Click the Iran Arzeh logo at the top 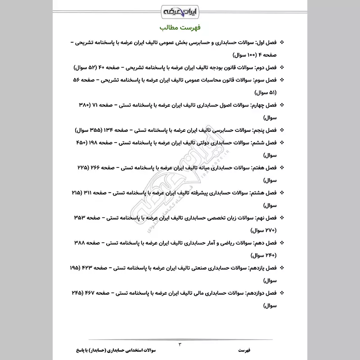pyautogui.click(x=180, y=9)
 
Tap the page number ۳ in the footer pyautogui.click(x=180, y=345)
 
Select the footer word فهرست pyautogui.click(x=246, y=350)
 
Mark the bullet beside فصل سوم pyautogui.click(x=282, y=80)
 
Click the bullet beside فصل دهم pyautogui.click(x=282, y=243)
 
